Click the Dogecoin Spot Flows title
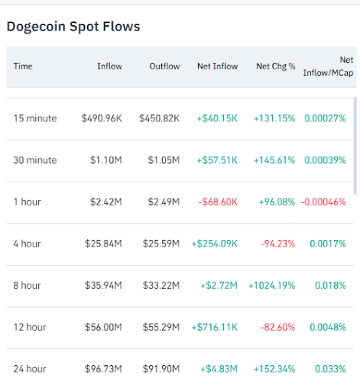(73, 27)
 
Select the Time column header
(23, 66)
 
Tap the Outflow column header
(164, 66)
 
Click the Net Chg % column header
(275, 66)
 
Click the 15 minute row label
(35, 118)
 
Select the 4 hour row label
(28, 244)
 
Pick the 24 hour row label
(30, 369)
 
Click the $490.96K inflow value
(102, 118)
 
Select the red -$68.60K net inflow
(218, 202)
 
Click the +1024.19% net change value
(271, 286)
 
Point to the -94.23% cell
(279, 244)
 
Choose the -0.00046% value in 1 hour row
(325, 202)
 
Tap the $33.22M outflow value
(161, 286)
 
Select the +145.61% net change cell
(274, 160)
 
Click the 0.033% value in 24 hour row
(330, 369)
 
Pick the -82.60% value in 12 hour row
(279, 327)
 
